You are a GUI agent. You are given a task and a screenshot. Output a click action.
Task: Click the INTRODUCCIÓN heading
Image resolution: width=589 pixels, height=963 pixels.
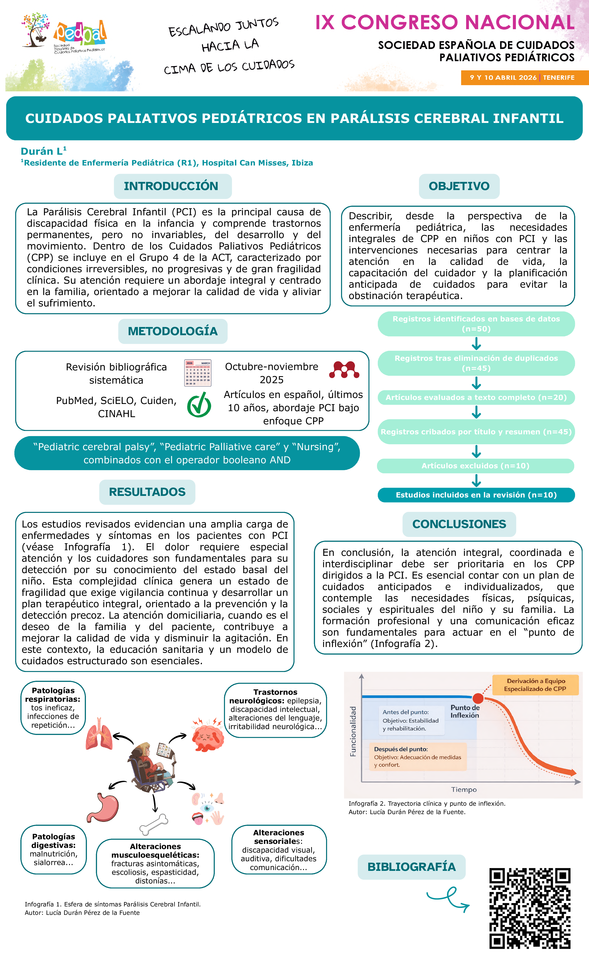(x=172, y=186)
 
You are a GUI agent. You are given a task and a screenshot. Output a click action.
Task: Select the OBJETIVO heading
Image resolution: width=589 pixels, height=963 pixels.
(x=459, y=186)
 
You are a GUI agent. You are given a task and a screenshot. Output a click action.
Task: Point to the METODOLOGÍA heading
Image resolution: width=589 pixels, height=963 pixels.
(x=173, y=331)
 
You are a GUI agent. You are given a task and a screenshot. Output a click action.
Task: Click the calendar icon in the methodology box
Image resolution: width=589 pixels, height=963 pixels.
(x=198, y=373)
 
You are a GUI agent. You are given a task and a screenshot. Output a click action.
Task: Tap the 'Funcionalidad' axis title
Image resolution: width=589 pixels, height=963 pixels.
(x=353, y=731)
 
